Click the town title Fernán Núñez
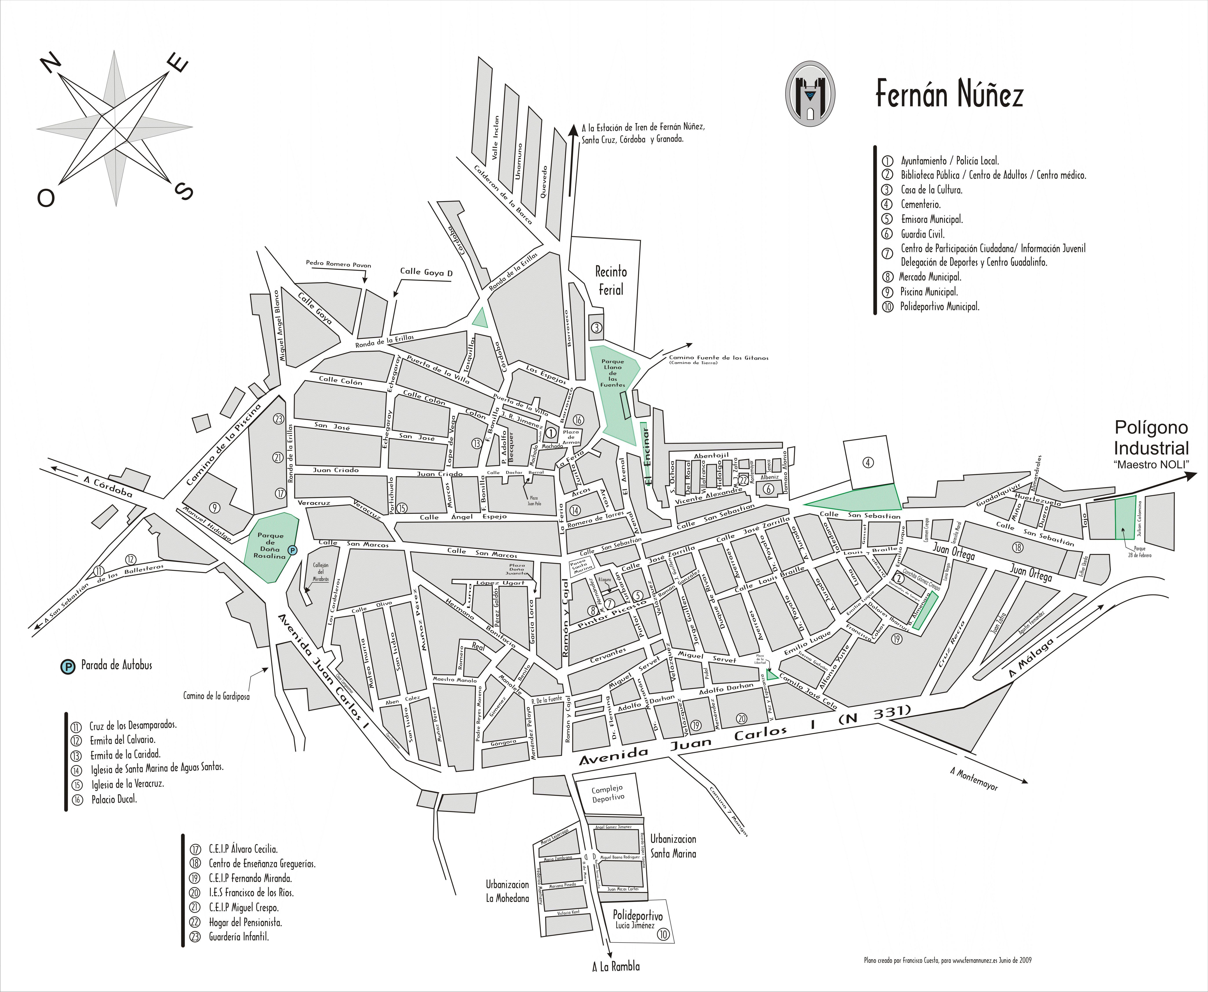[x=949, y=94]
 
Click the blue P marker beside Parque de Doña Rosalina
[x=292, y=550]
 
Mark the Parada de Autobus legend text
[x=116, y=665]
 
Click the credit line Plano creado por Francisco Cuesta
[x=947, y=961]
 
